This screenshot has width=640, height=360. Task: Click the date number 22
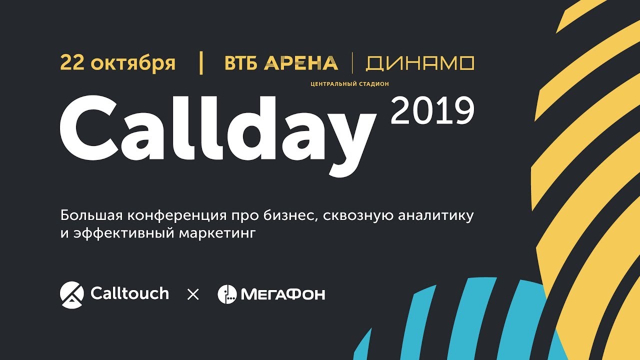[71, 63]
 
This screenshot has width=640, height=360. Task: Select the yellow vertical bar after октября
[201, 63]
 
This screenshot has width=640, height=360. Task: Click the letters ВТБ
[241, 63]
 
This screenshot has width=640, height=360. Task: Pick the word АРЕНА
[301, 63]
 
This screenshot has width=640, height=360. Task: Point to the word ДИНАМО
[420, 63]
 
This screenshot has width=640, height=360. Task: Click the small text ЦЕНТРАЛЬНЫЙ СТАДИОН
[349, 84]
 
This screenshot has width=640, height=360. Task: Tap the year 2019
[432, 111]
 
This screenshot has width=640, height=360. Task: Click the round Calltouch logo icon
[71, 293]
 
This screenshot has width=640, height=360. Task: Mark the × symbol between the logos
[193, 294]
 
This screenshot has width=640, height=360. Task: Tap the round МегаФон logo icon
[227, 294]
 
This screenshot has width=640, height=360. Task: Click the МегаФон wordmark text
[283, 294]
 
